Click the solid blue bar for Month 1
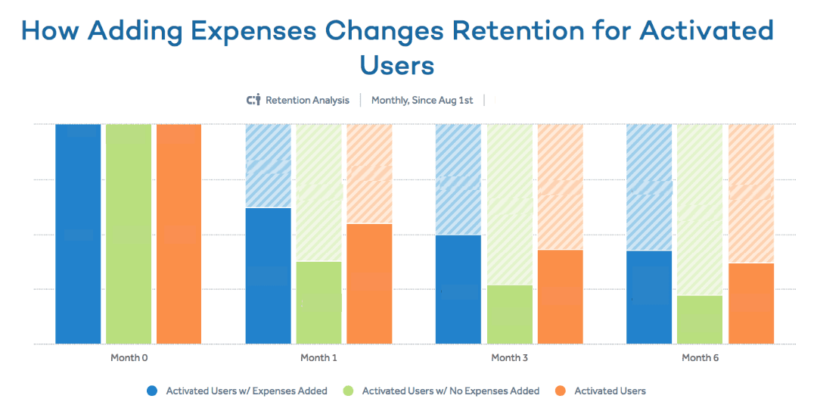point(269,276)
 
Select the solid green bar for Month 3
point(509,314)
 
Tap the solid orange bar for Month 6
point(751,303)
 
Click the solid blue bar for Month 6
point(649,297)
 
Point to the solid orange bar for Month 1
point(369,283)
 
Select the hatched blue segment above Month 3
point(458,179)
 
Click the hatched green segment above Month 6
point(700,209)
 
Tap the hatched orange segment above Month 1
point(369,173)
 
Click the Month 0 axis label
point(129,357)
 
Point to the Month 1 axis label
point(319,357)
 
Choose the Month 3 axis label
point(510,357)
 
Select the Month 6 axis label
point(701,357)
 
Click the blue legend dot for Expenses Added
point(153,391)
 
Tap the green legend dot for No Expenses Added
point(349,391)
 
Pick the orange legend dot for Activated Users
point(561,391)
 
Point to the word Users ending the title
point(397,65)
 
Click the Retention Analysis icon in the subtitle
point(253,100)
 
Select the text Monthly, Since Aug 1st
point(422,100)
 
